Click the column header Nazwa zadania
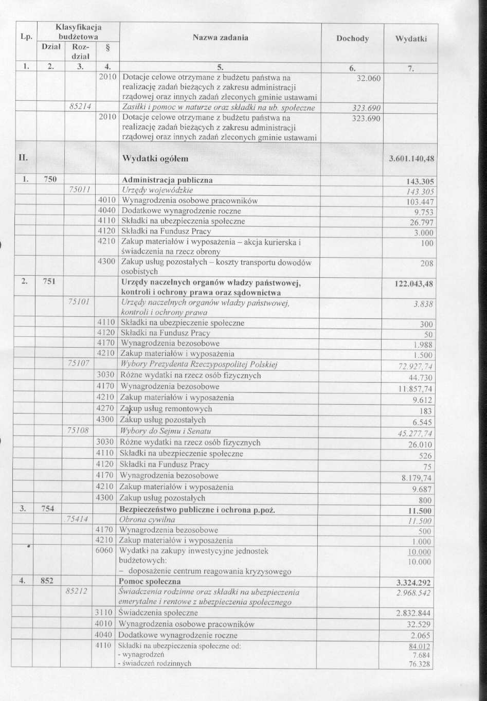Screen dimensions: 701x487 (220, 38)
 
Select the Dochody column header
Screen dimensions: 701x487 (352, 39)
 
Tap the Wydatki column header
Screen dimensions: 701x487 (411, 39)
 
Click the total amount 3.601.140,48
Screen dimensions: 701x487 (412, 159)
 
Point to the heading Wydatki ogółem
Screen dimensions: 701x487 (154, 158)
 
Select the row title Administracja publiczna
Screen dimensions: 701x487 (167, 181)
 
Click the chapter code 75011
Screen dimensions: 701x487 (79, 190)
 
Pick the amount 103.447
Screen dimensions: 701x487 (420, 202)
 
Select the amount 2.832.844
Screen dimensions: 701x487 (413, 614)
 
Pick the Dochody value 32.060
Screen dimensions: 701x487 (368, 78)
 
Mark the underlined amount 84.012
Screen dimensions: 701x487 (420, 646)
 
